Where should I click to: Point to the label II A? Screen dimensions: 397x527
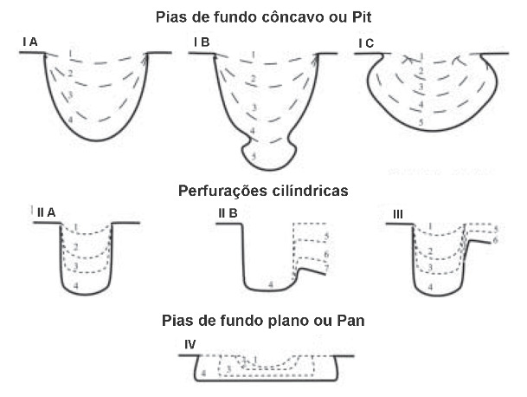pyautogui.click(x=46, y=212)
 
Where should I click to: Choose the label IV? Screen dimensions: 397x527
pyautogui.click(x=190, y=344)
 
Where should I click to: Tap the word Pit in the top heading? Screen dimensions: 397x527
pyautogui.click(x=355, y=16)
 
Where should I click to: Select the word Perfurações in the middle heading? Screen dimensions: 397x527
pyautogui.click(x=215, y=189)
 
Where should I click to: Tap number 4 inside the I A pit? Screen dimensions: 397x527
pyautogui.click(x=71, y=118)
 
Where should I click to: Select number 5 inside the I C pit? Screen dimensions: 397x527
pyautogui.click(x=421, y=123)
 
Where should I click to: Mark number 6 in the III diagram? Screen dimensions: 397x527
pyautogui.click(x=495, y=239)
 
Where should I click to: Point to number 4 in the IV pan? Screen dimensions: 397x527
pyautogui.click(x=202, y=373)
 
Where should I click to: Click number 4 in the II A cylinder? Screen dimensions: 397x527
pyautogui.click(x=78, y=284)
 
